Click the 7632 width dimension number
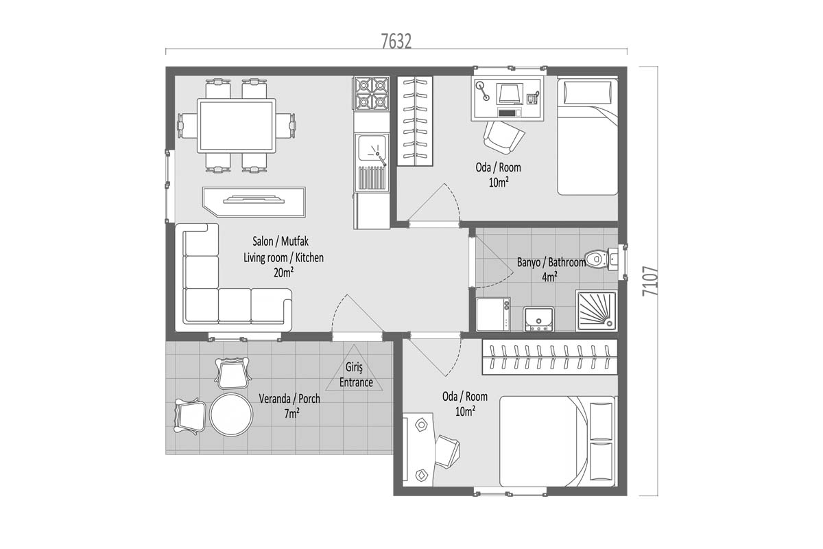(x=396, y=41)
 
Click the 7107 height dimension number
(x=650, y=281)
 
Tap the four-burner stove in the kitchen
(x=372, y=93)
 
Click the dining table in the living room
(x=236, y=126)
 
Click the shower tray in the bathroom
(x=597, y=311)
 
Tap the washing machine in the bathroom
(x=493, y=314)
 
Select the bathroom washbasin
(x=538, y=319)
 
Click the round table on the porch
(x=231, y=414)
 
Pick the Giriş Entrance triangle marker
(x=354, y=369)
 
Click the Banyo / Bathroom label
(x=551, y=263)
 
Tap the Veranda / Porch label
(x=289, y=399)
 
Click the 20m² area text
(x=284, y=272)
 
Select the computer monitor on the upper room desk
(x=509, y=94)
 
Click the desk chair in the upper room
(x=503, y=137)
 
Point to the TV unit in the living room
(x=254, y=202)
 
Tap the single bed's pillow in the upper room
(x=587, y=92)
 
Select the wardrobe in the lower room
(x=549, y=357)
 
